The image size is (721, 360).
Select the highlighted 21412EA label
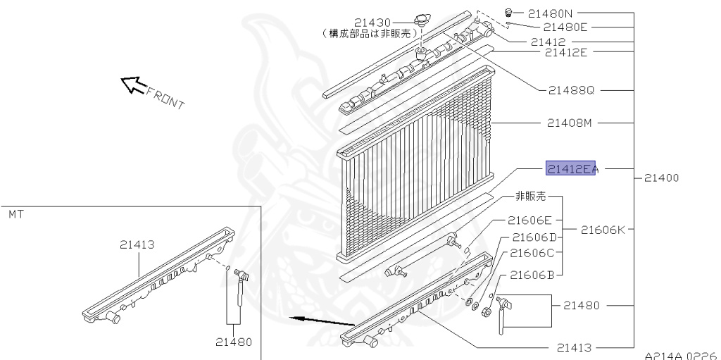[572, 168]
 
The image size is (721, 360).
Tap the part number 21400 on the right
[661, 178]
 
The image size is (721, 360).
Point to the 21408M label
[570, 123]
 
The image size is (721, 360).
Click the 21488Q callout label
[571, 90]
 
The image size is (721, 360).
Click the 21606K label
[603, 229]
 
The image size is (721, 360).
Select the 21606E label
[531, 221]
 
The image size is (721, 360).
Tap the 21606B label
[532, 275]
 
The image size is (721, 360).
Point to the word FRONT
[165, 99]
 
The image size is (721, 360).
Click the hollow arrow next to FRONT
[132, 85]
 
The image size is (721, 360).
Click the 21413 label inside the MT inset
[137, 245]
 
